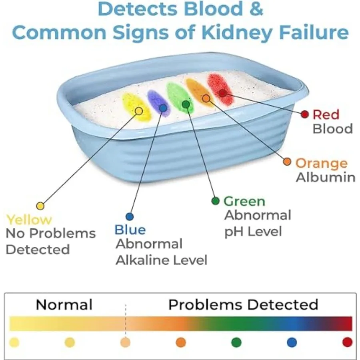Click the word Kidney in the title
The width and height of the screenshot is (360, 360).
click(x=237, y=32)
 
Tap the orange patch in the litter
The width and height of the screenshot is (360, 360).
click(x=199, y=92)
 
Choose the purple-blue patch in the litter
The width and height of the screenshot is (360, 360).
click(x=159, y=103)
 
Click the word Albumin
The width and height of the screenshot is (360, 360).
click(x=326, y=177)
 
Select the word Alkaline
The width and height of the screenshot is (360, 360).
click(x=142, y=260)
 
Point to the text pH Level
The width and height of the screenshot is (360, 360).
click(x=253, y=232)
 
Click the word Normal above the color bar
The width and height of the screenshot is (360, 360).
click(x=64, y=305)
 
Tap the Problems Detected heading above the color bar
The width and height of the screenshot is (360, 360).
click(x=243, y=305)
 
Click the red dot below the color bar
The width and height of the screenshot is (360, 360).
click(x=347, y=342)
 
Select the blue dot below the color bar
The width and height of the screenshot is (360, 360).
click(x=292, y=342)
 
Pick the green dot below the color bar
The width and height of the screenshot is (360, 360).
click(x=236, y=342)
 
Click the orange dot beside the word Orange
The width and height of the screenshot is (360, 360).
click(x=287, y=162)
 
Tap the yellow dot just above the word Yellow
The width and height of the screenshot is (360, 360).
click(x=40, y=206)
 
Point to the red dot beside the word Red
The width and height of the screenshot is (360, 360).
click(x=305, y=114)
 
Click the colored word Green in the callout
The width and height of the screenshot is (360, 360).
click(x=244, y=201)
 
